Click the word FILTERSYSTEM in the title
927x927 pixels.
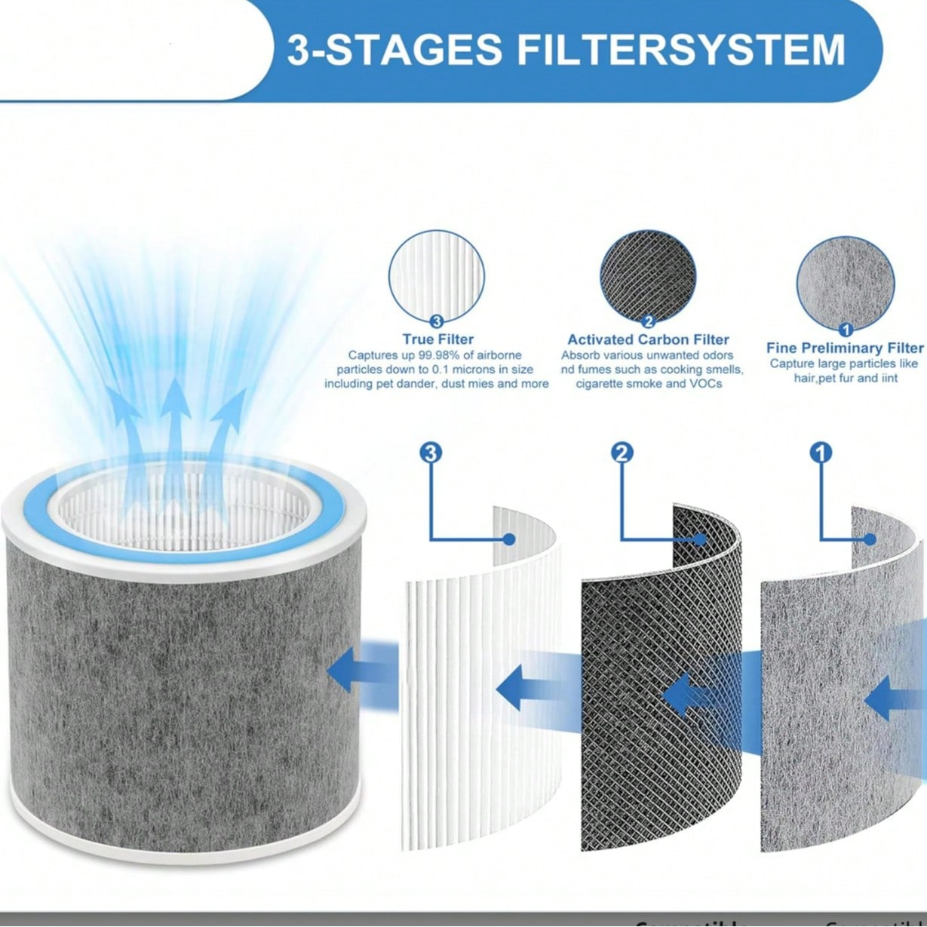[x=680, y=50]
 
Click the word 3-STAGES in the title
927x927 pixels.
[x=394, y=50]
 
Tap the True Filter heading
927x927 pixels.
[x=437, y=339]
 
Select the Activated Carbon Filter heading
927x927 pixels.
[x=648, y=339]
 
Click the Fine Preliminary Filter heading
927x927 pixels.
[x=844, y=348]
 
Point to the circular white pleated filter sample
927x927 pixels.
[x=437, y=277]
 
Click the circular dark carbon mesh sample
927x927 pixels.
[x=648, y=277]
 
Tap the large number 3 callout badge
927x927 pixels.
[x=431, y=453]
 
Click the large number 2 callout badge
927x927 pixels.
[x=622, y=453]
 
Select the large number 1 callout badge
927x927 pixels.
[x=821, y=453]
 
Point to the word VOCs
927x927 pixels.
[x=705, y=384]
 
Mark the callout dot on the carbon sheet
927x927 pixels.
[x=701, y=539]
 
